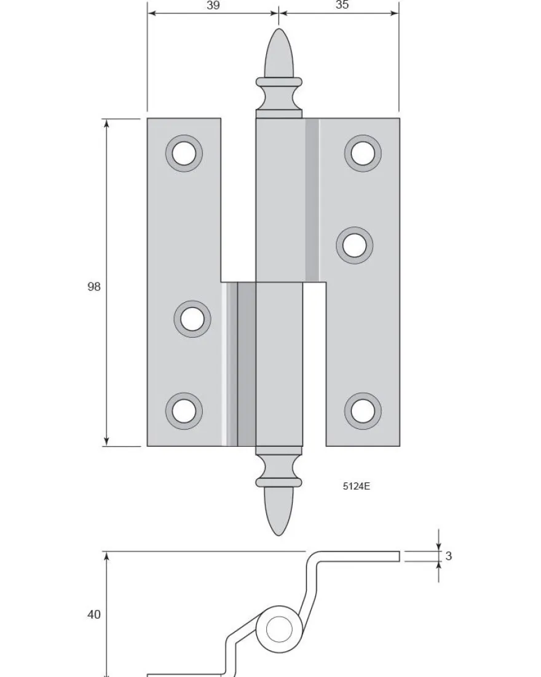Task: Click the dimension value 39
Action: [213, 5]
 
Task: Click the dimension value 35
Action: [342, 5]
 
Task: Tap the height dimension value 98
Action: [93, 286]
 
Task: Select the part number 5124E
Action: [357, 486]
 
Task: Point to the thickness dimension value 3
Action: [449, 556]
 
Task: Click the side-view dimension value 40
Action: [93, 614]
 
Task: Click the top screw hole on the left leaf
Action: [184, 153]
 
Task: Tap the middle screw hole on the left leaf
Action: [192, 319]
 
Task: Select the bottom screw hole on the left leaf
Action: [184, 411]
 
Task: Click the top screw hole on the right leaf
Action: [363, 153]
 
